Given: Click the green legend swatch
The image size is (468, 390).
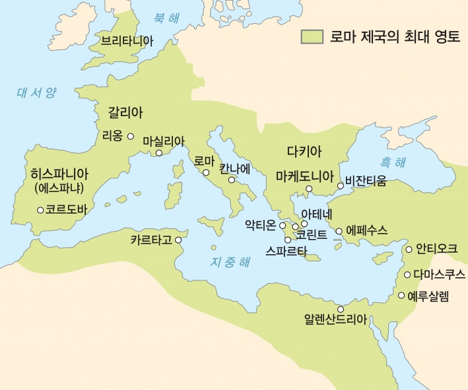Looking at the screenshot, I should [312, 36].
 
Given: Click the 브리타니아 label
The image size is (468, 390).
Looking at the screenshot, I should [127, 41].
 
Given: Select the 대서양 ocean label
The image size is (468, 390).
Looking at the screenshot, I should [37, 93].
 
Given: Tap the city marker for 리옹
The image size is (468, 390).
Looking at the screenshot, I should [131, 137].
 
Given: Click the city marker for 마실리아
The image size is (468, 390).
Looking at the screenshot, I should [158, 154].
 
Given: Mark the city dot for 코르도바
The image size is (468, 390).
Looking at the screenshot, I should [40, 210].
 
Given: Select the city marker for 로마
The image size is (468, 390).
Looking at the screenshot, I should [206, 173].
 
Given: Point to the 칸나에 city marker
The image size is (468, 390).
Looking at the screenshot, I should [232, 179].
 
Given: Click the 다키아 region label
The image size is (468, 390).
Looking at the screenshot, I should [304, 151].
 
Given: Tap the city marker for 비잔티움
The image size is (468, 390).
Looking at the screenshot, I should [341, 185].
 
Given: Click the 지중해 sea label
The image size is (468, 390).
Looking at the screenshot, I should [230, 261].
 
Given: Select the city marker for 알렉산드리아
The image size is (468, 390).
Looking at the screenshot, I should [341, 309].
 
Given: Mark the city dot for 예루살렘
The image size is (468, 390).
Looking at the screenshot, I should [401, 295].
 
